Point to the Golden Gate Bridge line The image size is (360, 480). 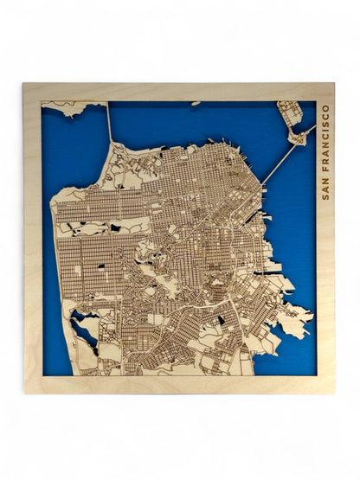[x=110, y=125]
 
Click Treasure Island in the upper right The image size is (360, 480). [x=290, y=112]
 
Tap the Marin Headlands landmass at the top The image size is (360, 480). [x=74, y=107]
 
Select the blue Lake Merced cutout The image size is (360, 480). [x=86, y=328]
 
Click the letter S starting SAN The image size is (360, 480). [x=325, y=196]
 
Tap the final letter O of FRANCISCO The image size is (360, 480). [x=325, y=108]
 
